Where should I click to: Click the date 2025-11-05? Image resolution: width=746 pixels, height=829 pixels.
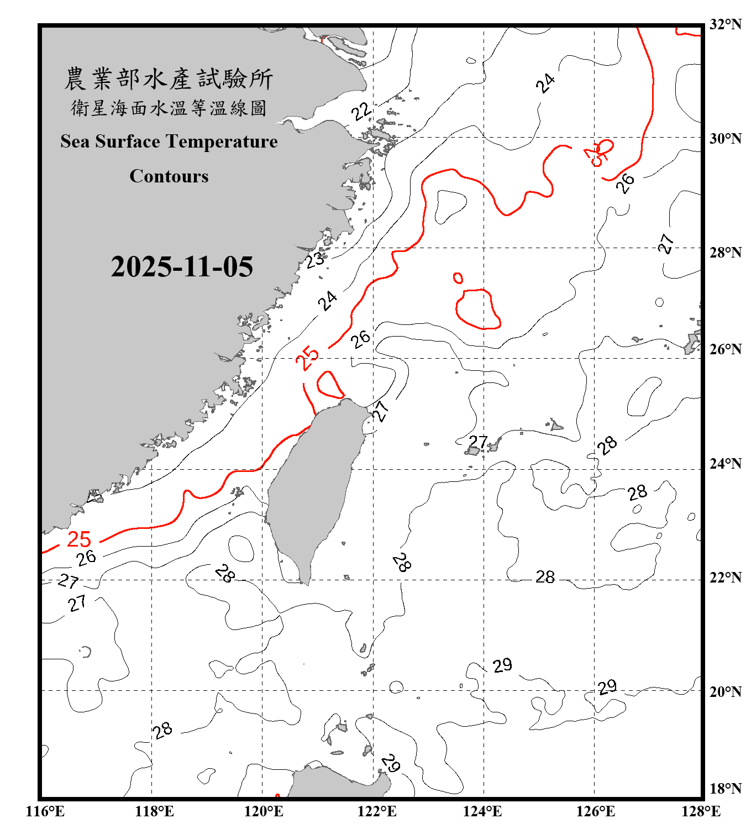point(182,266)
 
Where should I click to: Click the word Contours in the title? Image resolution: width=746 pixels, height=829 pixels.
point(169,176)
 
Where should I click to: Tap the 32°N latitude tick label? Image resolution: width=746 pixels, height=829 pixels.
point(725,24)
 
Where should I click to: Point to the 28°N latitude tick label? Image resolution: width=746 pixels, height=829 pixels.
point(725,252)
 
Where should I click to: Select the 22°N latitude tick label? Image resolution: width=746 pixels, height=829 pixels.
point(725,577)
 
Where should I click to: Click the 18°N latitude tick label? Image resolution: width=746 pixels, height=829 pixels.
point(725,789)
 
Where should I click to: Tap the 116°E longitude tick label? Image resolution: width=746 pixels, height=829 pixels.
point(45,811)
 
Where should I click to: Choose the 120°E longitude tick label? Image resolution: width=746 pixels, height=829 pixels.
point(264,811)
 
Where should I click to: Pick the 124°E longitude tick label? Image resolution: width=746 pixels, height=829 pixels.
point(482,811)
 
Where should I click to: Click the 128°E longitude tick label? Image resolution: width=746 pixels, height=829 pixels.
point(701,811)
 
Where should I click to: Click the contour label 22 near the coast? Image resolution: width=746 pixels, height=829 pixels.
point(362,111)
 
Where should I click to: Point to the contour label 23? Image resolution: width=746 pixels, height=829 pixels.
point(316,259)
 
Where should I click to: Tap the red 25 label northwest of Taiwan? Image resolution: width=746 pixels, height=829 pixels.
point(307,358)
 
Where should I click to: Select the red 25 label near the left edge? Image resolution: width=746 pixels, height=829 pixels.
point(79,539)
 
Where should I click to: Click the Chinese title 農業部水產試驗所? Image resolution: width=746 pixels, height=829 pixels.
point(169,79)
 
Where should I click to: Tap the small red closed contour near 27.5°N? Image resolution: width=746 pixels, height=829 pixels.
point(458,278)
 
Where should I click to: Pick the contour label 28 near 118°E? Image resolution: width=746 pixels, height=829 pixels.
point(162,731)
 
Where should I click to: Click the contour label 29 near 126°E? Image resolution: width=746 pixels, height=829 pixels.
point(607,687)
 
